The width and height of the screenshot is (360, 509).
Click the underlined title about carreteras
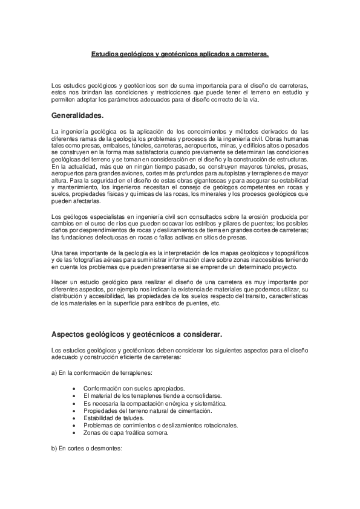click(x=180, y=54)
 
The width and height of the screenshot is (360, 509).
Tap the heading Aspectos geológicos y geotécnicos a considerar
click(x=137, y=333)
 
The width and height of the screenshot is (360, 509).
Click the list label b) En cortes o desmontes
click(x=87, y=449)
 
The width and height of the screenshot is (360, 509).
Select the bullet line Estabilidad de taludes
click(x=114, y=418)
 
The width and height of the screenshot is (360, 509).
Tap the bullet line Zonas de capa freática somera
click(x=125, y=432)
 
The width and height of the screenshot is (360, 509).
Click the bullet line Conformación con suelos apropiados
click(x=134, y=387)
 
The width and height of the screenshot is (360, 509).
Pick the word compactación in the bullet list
click(x=143, y=403)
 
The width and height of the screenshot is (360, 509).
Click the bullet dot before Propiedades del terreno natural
click(x=73, y=410)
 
